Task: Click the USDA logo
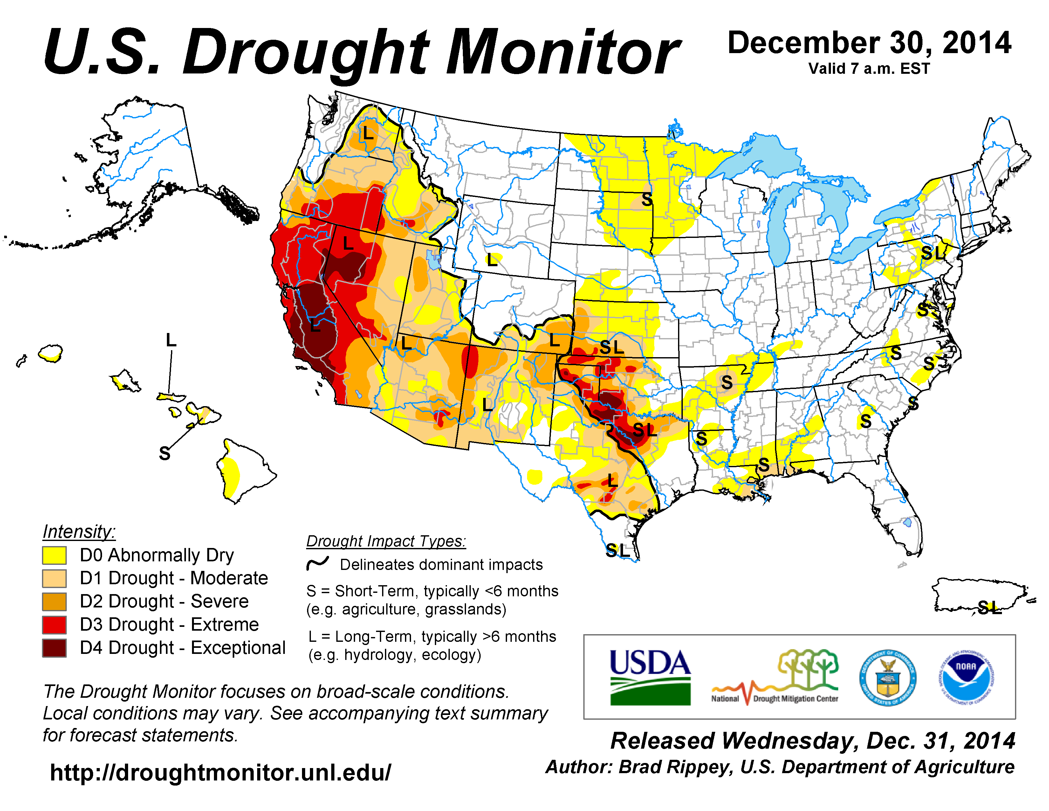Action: pos(650,677)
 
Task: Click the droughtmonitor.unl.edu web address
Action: pos(221,773)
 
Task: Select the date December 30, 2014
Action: pos(869,43)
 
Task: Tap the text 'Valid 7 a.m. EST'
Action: pos(869,69)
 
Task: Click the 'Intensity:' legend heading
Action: pos(79,531)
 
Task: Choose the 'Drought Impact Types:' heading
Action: pos(386,541)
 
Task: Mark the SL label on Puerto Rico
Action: pos(990,608)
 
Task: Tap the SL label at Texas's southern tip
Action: pos(617,551)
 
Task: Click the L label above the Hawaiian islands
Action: pos(171,340)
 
